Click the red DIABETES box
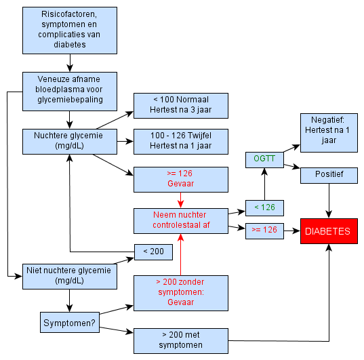coord(329,231)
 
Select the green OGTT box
coord(264,160)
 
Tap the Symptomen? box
coord(70,323)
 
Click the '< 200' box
coord(153,252)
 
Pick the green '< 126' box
coord(264,208)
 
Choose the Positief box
coord(329,176)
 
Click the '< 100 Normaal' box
coord(181,106)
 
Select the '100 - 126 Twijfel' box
coord(181,142)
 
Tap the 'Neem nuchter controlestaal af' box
coord(181,221)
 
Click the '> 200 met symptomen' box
coord(181,341)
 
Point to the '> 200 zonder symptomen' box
coord(181,293)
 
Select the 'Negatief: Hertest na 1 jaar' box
coord(329,133)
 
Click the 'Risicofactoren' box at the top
coord(70,31)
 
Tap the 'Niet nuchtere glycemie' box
coord(70,277)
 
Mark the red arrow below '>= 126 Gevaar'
coord(180,200)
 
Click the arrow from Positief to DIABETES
coord(329,201)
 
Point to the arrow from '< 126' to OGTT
coord(264,184)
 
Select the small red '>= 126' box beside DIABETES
coord(264,231)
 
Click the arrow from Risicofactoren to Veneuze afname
coord(70,62)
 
